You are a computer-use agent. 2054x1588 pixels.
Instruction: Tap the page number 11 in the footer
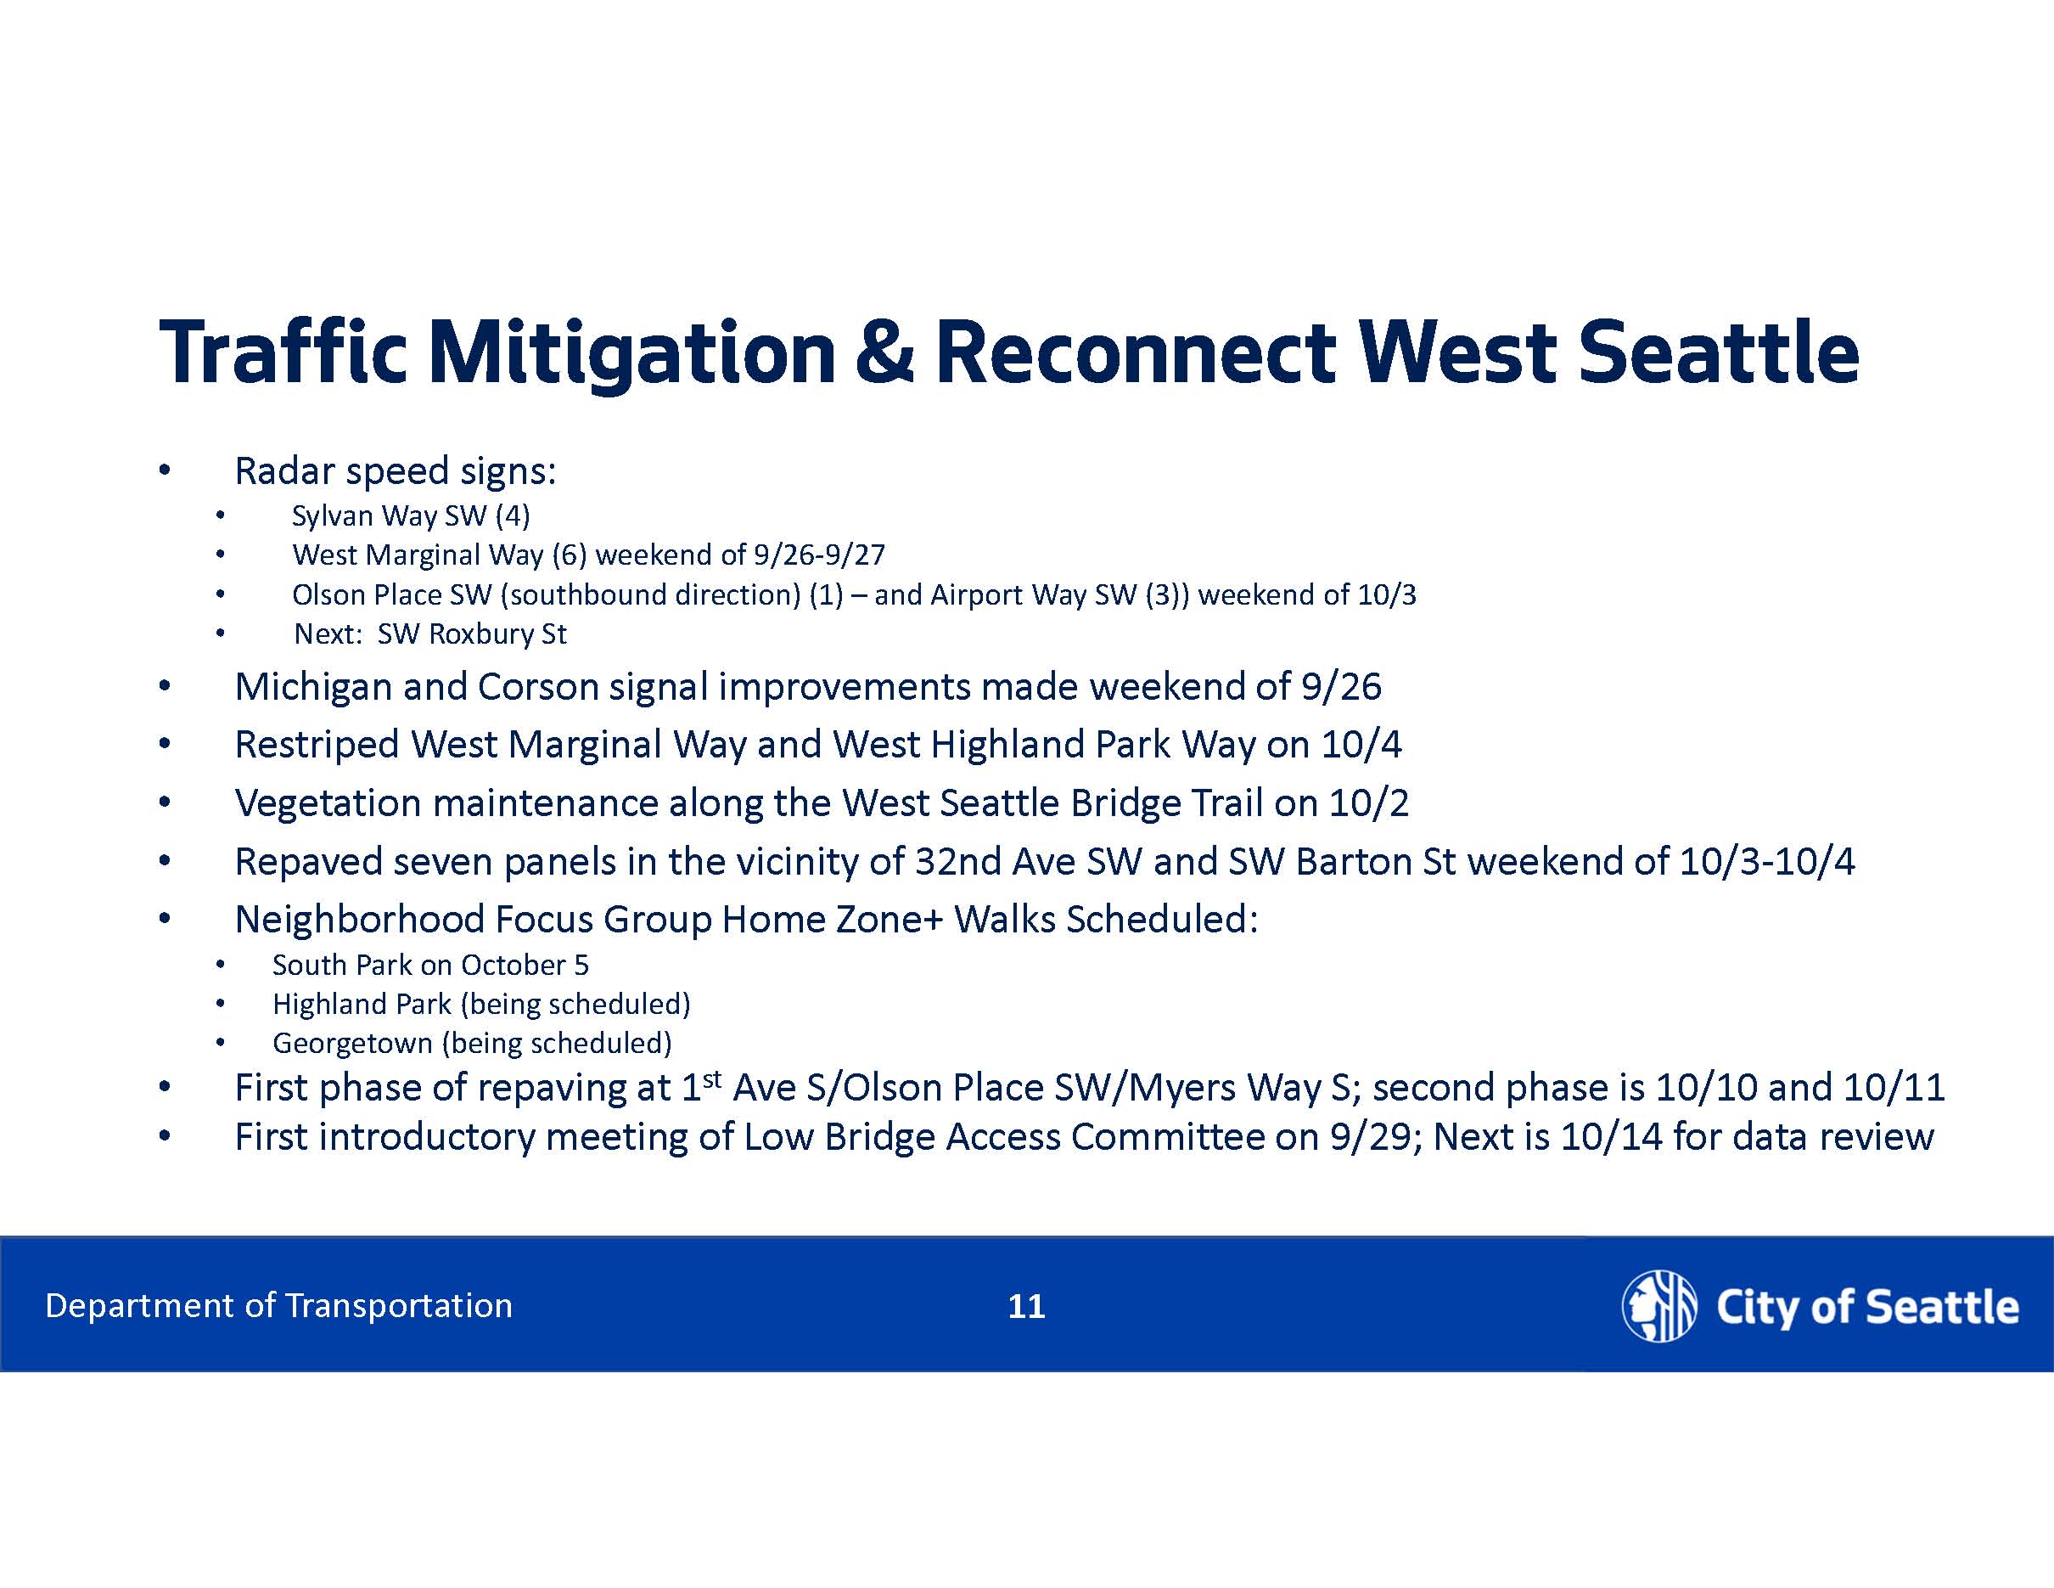pyautogui.click(x=1026, y=1306)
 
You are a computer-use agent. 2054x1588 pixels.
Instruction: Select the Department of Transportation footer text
pyautogui.click(x=278, y=1306)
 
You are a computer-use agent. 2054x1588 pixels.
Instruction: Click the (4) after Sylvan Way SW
pyautogui.click(x=513, y=515)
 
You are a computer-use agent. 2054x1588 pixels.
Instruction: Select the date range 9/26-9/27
pyautogui.click(x=819, y=555)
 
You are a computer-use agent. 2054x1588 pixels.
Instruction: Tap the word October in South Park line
pyautogui.click(x=513, y=966)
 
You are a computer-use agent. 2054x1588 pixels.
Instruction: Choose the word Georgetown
pyautogui.click(x=351, y=1044)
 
